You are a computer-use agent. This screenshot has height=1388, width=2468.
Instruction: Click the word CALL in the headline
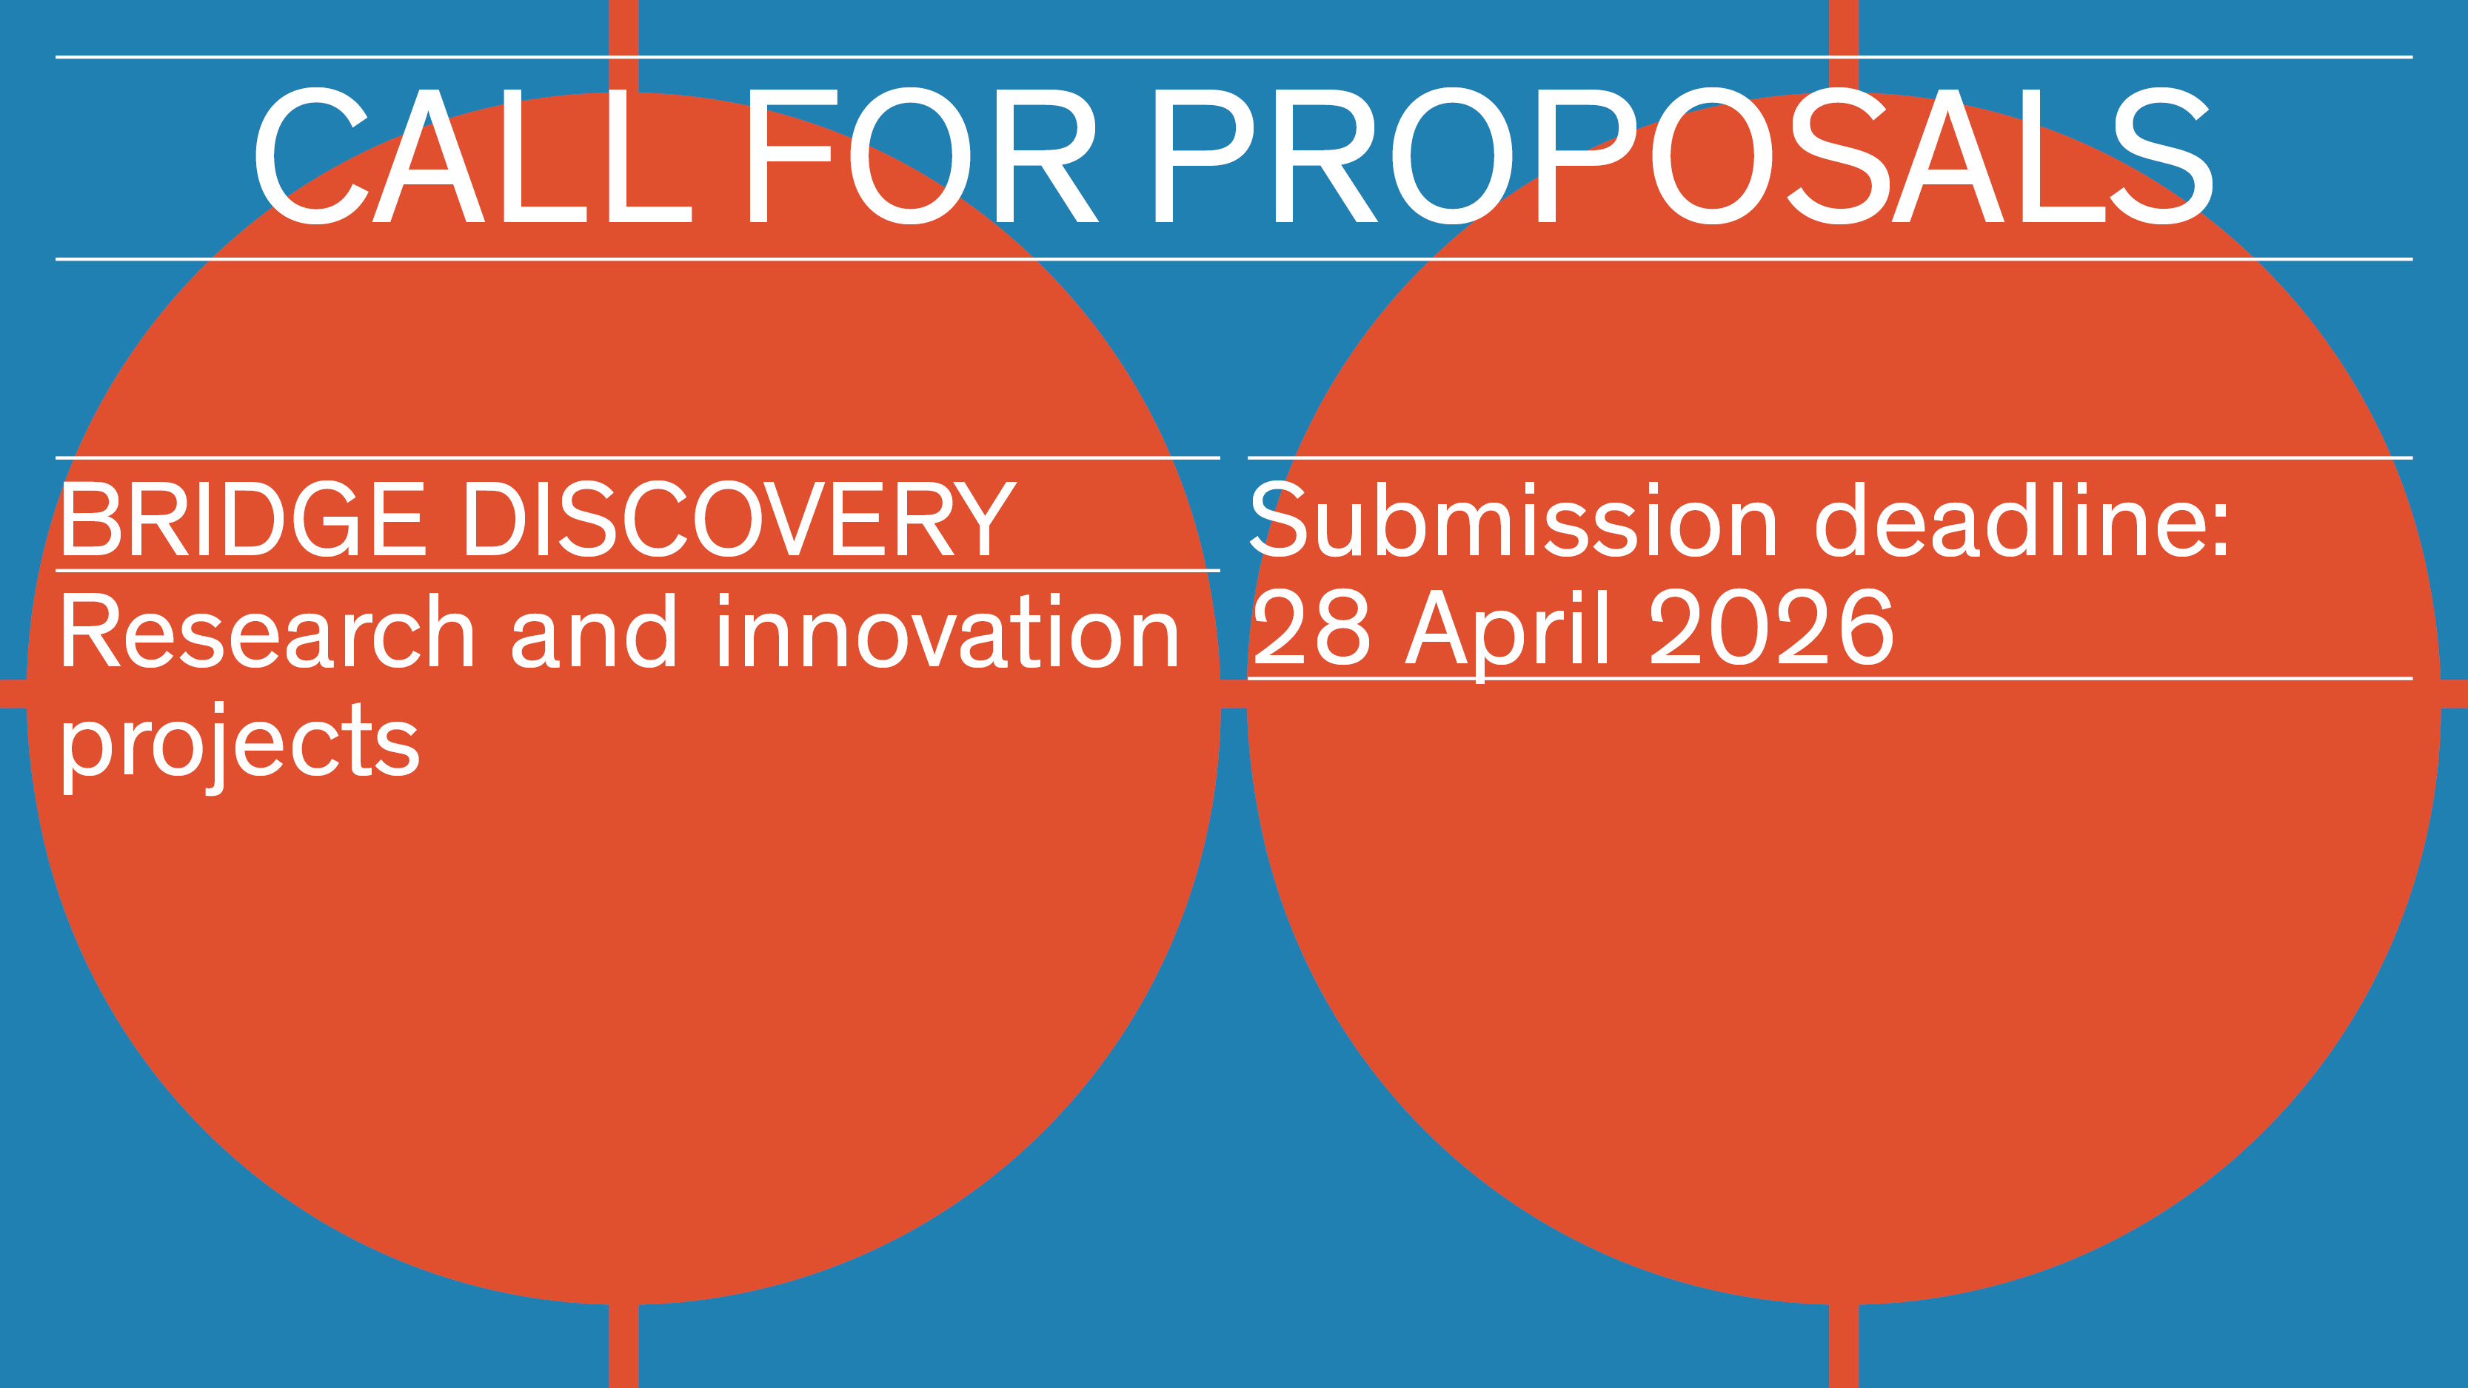tap(472, 156)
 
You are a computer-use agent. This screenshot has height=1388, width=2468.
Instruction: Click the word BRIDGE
tap(242, 518)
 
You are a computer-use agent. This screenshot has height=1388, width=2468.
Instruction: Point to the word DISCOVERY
tap(740, 518)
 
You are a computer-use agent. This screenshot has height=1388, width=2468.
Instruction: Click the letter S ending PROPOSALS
tap(2162, 156)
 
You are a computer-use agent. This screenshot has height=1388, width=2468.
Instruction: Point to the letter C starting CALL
tap(310, 156)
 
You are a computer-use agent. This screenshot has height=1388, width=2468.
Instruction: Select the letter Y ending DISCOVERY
tap(980, 518)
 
